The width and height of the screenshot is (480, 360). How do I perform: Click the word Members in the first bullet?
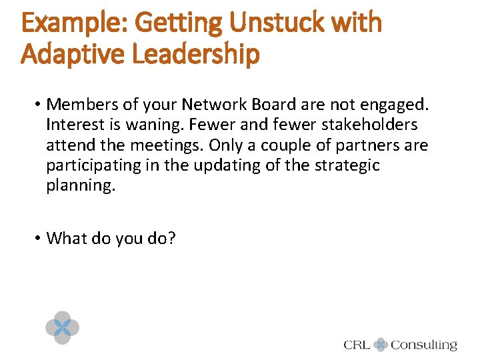pos(80,105)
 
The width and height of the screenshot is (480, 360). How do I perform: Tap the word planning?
pos(80,185)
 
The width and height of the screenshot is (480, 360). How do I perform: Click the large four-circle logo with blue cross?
pos(62,327)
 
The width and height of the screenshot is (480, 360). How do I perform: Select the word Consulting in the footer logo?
pos(424,345)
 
